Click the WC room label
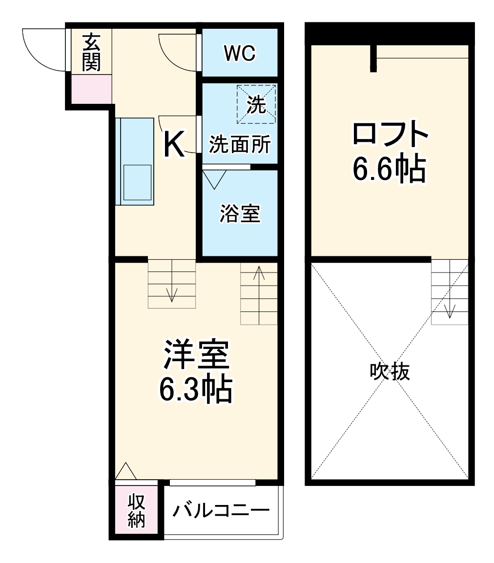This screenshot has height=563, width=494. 240,54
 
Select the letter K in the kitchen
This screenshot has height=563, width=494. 173,145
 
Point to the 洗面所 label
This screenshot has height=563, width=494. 240,145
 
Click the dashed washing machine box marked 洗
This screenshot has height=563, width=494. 256,104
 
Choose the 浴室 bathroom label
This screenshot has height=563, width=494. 240,213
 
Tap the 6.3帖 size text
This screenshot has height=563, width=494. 195,388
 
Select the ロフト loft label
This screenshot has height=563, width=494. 390,135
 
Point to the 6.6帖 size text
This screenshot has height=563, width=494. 389,169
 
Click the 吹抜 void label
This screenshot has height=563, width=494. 389,372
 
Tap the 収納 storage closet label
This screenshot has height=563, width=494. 137,511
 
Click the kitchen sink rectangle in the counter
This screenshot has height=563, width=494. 138,182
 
